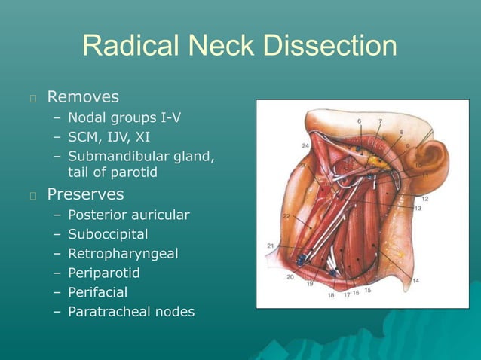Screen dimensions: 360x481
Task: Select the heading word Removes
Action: point(83,97)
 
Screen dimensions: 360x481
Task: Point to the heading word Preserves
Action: point(85,194)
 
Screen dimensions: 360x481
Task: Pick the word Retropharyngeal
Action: point(123,254)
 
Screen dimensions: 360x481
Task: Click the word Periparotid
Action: point(104,273)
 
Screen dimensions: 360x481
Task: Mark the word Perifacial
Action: point(98,291)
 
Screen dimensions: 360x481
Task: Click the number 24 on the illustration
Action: point(305,145)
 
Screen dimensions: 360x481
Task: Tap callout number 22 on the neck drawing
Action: point(286,216)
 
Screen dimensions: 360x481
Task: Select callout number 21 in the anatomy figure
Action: point(270,246)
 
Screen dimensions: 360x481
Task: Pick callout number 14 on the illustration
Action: point(415,280)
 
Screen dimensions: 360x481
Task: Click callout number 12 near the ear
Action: point(425,199)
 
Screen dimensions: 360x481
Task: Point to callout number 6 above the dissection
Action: point(359,121)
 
